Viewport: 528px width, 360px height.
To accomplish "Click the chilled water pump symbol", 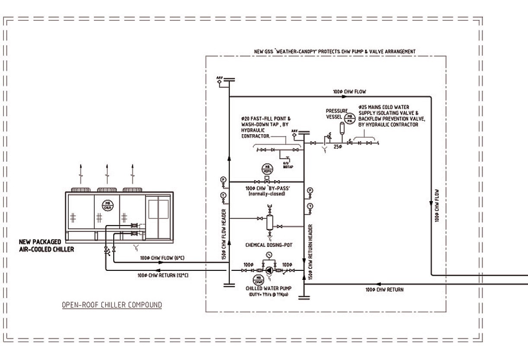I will [269, 270].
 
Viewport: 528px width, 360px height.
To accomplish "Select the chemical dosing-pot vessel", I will [269, 222].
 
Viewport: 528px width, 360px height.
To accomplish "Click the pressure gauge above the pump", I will [269, 255].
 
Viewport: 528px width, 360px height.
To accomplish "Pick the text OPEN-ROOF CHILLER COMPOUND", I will [112, 305].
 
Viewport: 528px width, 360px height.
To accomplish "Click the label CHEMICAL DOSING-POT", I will [269, 245].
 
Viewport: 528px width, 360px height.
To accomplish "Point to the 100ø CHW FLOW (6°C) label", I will [163, 258].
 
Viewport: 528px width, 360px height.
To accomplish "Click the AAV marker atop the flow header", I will [219, 79].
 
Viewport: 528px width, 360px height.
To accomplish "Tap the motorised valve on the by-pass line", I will [267, 181].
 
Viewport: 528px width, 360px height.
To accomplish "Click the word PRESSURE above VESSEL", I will [336, 111].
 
